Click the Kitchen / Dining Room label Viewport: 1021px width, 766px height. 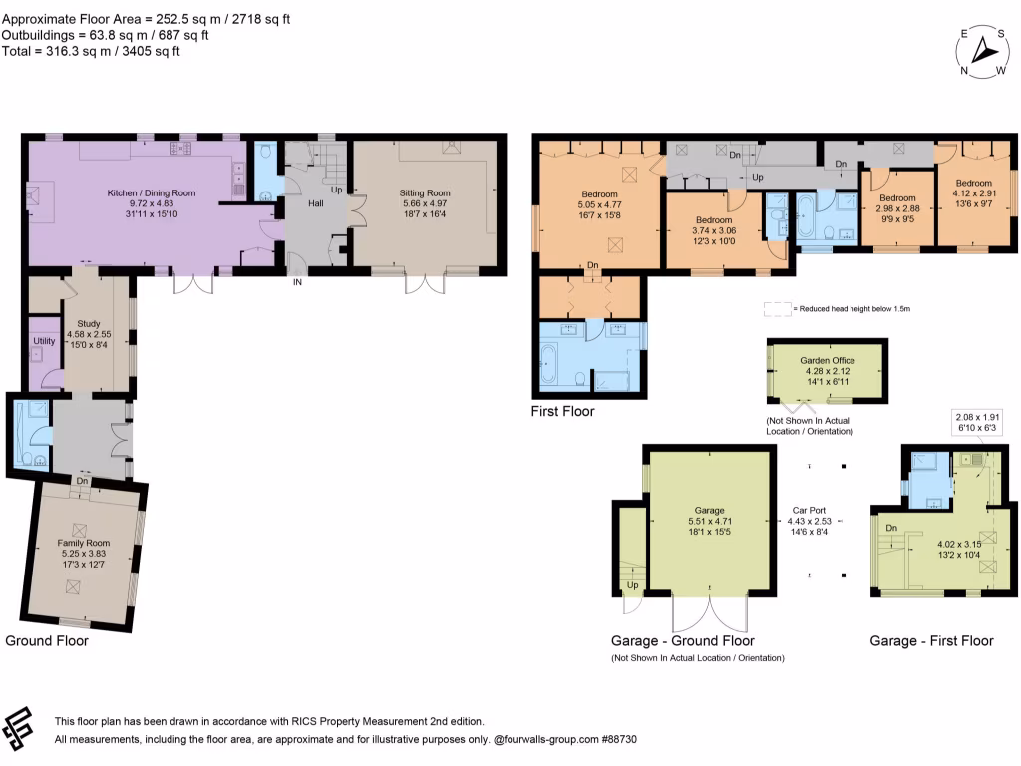(x=152, y=192)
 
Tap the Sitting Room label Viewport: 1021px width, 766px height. (x=425, y=192)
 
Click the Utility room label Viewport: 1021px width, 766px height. (x=44, y=341)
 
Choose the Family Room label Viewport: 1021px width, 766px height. (x=83, y=543)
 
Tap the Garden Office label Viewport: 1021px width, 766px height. (x=825, y=361)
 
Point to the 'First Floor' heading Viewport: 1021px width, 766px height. (x=563, y=411)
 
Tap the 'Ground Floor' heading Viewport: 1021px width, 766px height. (x=47, y=640)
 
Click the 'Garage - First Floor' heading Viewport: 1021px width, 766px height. (x=931, y=640)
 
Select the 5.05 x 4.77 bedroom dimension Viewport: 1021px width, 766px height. (x=600, y=204)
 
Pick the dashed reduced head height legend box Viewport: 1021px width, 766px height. (x=776, y=309)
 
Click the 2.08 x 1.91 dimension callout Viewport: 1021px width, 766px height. (x=978, y=417)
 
